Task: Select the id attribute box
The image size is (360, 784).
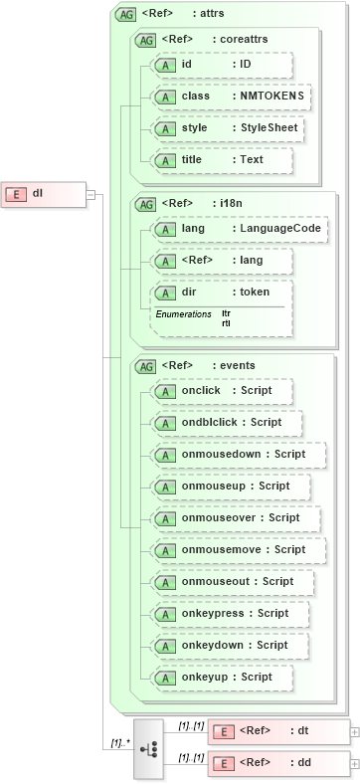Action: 220,65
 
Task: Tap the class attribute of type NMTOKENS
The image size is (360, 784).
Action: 230,97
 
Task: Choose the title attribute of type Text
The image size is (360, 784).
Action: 220,160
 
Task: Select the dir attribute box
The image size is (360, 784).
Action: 220,293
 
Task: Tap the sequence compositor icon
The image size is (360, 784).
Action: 148,747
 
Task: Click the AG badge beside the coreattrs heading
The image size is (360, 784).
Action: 145,40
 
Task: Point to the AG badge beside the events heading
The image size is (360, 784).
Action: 145,366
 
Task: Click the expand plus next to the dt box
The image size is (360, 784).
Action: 355,731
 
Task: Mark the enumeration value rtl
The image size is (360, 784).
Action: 226,323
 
